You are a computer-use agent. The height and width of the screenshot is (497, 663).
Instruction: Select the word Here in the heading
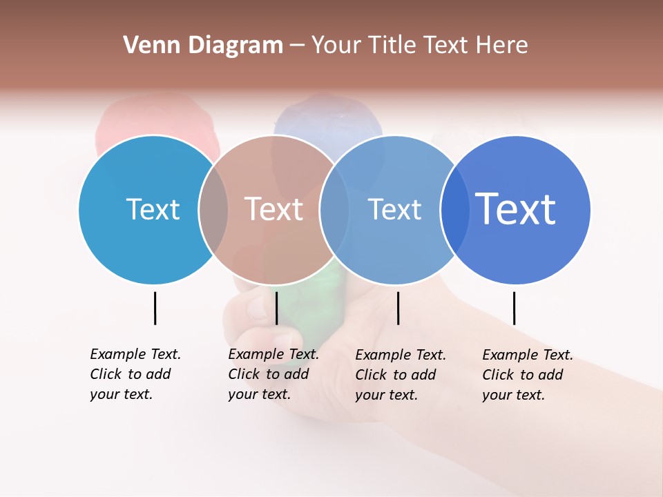(503, 46)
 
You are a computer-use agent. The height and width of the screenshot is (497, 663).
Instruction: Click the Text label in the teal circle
(153, 209)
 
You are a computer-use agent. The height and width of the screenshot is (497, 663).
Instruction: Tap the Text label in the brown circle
(273, 209)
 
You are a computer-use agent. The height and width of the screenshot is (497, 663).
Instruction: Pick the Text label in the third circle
(394, 209)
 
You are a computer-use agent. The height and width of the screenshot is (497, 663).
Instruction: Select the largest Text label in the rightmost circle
(516, 208)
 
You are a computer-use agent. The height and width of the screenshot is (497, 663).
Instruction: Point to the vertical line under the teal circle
(155, 308)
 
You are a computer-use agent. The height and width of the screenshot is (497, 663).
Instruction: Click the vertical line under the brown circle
(276, 308)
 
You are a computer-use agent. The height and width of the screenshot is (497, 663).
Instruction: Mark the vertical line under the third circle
(398, 308)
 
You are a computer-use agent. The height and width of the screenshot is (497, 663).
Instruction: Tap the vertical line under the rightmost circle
(514, 308)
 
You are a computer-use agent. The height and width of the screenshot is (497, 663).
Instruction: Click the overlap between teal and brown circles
(213, 210)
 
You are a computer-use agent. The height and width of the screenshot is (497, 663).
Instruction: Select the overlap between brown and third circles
(334, 210)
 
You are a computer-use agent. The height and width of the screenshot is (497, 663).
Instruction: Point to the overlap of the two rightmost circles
(454, 210)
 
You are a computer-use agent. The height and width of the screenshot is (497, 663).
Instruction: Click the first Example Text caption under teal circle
(135, 374)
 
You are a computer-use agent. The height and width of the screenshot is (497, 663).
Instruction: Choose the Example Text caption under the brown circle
(273, 374)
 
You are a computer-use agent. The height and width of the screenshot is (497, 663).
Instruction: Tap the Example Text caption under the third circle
(400, 375)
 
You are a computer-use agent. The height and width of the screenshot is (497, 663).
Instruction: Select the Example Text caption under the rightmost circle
(527, 375)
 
